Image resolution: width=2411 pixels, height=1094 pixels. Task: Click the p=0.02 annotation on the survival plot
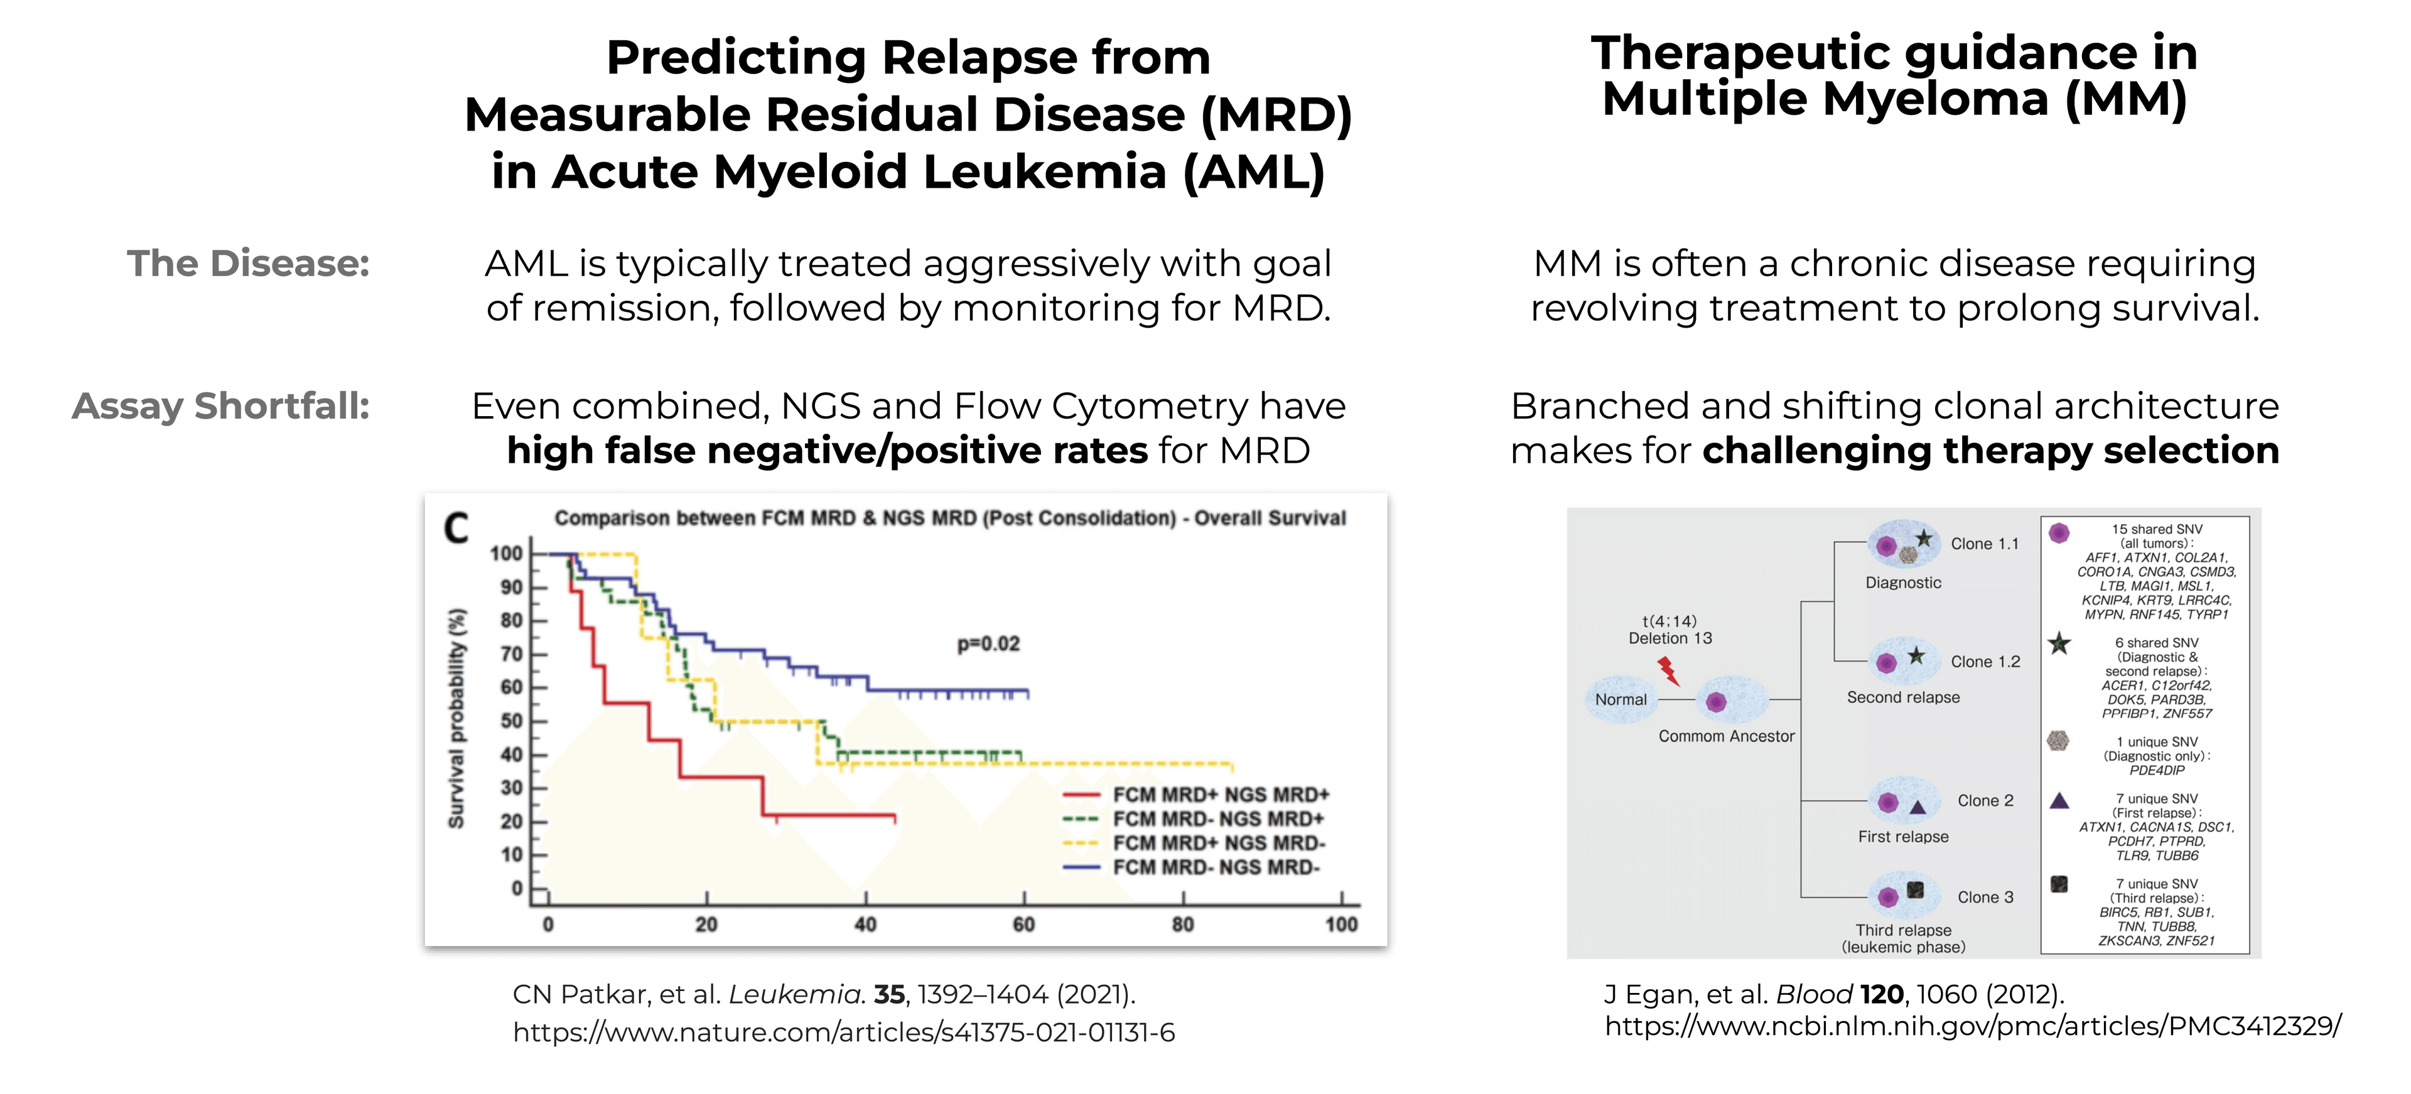tap(988, 644)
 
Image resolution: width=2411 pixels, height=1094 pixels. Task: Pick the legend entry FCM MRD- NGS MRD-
tap(1215, 867)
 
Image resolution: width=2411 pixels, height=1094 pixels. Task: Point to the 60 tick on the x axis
tap(1024, 925)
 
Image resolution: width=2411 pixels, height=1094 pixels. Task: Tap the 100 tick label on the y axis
tap(506, 553)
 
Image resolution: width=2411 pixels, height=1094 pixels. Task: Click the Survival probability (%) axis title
tap(456, 719)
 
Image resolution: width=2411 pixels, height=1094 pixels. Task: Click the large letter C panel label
tap(456, 528)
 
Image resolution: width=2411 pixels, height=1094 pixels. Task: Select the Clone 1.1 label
tap(1984, 544)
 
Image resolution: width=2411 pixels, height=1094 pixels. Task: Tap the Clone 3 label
tap(1984, 898)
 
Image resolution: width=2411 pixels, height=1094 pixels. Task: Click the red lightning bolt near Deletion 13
tap(1668, 670)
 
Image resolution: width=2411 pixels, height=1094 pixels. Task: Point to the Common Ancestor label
tap(1726, 736)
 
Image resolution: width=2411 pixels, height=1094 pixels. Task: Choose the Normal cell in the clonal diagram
tap(1620, 700)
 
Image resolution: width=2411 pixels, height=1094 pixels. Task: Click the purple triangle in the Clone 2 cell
tap(1917, 807)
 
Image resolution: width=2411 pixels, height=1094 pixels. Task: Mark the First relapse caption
tap(1903, 837)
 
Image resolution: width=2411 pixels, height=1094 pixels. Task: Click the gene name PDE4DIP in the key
tap(2157, 770)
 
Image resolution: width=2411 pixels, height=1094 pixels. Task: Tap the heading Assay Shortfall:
tap(221, 406)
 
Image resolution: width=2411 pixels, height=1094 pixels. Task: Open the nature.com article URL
tap(843, 1032)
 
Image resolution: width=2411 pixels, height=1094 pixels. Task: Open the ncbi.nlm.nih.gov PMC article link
tap(1972, 1027)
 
